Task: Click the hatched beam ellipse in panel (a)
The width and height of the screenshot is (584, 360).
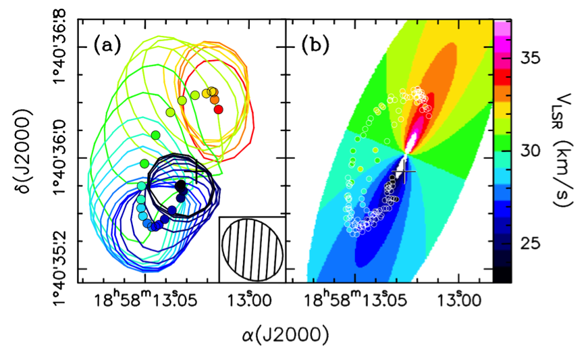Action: pos(252,249)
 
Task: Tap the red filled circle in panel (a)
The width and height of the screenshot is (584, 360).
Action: pos(217,109)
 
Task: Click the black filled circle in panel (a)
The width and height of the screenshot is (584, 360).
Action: pos(180,185)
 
